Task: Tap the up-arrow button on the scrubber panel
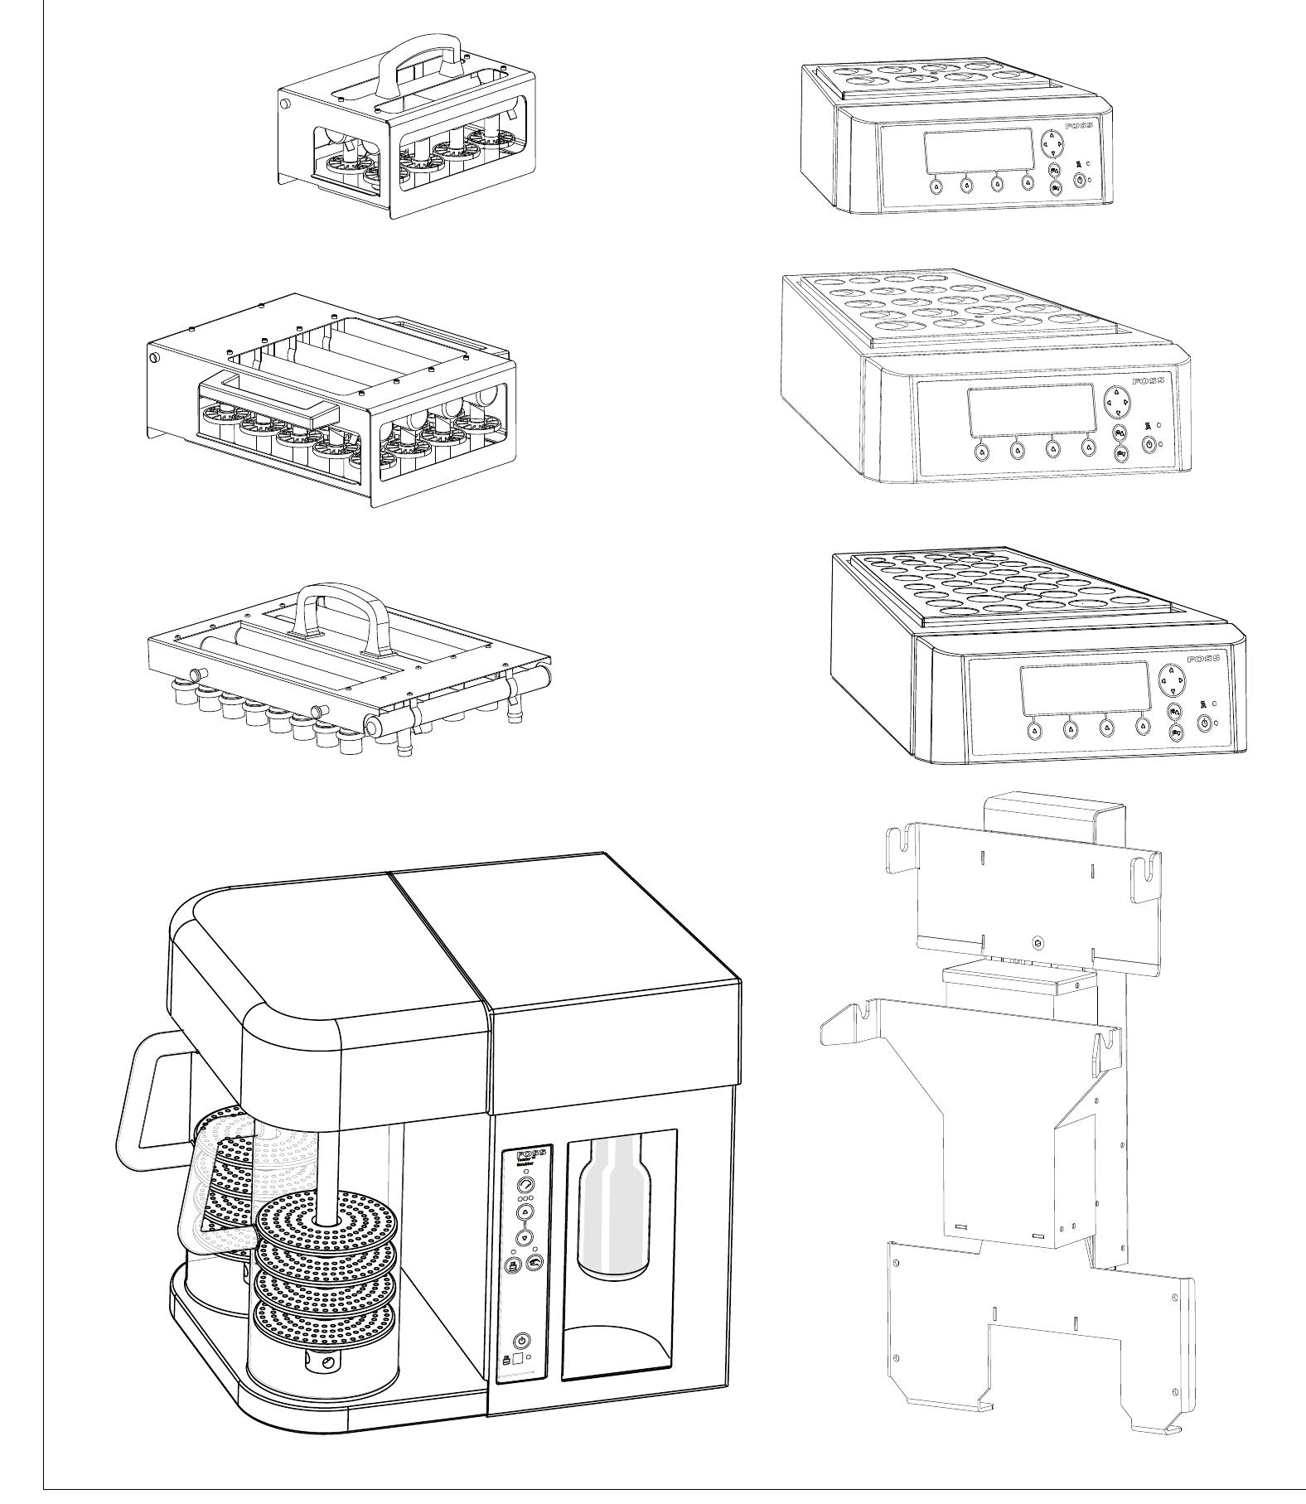(525, 1211)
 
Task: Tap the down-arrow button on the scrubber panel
(525, 1238)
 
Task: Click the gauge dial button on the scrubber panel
(525, 1186)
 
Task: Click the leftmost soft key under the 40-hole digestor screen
(1034, 730)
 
